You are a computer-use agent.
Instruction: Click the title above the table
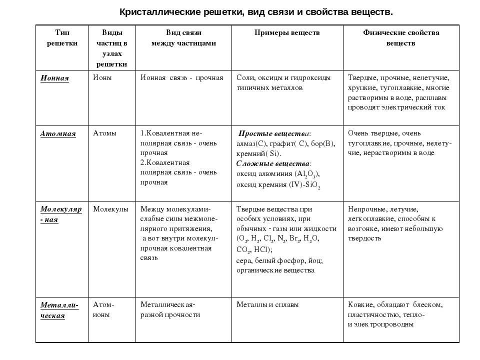click(x=256, y=11)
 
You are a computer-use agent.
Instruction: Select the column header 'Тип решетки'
click(x=62, y=38)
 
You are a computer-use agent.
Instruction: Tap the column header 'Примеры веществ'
click(x=287, y=33)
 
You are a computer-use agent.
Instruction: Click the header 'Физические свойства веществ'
click(x=400, y=38)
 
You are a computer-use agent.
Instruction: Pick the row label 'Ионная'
click(x=54, y=78)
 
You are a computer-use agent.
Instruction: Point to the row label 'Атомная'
click(x=58, y=133)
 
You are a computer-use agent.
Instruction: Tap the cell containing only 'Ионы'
click(x=102, y=78)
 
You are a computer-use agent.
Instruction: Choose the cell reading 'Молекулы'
click(x=110, y=209)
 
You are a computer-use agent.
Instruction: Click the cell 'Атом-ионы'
click(x=103, y=309)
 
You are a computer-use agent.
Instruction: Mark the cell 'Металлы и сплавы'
click(x=267, y=304)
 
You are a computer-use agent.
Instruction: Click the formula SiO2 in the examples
click(x=312, y=184)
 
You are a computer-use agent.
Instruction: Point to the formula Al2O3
click(x=306, y=174)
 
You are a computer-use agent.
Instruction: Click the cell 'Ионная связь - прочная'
click(x=181, y=78)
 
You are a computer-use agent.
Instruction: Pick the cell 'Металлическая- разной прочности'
click(x=170, y=309)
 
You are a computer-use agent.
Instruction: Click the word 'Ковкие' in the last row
click(x=360, y=304)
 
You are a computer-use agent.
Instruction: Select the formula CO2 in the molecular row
click(x=244, y=249)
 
